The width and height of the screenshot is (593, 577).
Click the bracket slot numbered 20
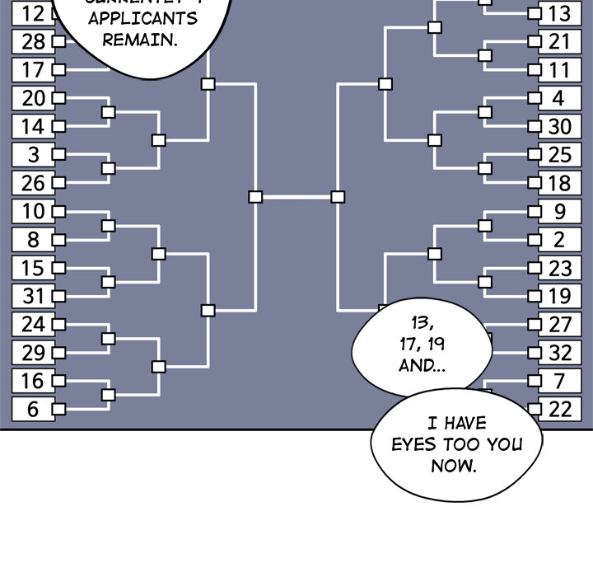pos(33,98)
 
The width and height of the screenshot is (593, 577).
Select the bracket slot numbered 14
pos(33,126)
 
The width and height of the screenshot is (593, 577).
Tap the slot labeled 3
pos(33,154)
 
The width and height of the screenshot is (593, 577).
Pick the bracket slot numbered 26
pos(33,182)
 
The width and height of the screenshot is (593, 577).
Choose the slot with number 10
pos(33,211)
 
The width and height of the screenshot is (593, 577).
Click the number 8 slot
pos(33,239)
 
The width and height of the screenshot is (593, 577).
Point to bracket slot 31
pos(33,295)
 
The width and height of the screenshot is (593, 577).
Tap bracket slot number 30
pos(559,126)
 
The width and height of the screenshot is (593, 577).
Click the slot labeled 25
pos(559,154)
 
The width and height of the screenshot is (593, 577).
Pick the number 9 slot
pos(559,211)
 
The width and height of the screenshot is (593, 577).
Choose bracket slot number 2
pos(559,239)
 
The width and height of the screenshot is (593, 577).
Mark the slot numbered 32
pos(559,353)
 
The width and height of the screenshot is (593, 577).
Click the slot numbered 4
pos(559,98)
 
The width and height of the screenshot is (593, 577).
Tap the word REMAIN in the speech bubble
pos(140,39)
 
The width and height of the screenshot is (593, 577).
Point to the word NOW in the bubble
pos(454,466)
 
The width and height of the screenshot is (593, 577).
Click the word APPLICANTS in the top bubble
pos(140,18)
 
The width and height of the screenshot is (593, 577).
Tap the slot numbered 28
pos(33,41)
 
